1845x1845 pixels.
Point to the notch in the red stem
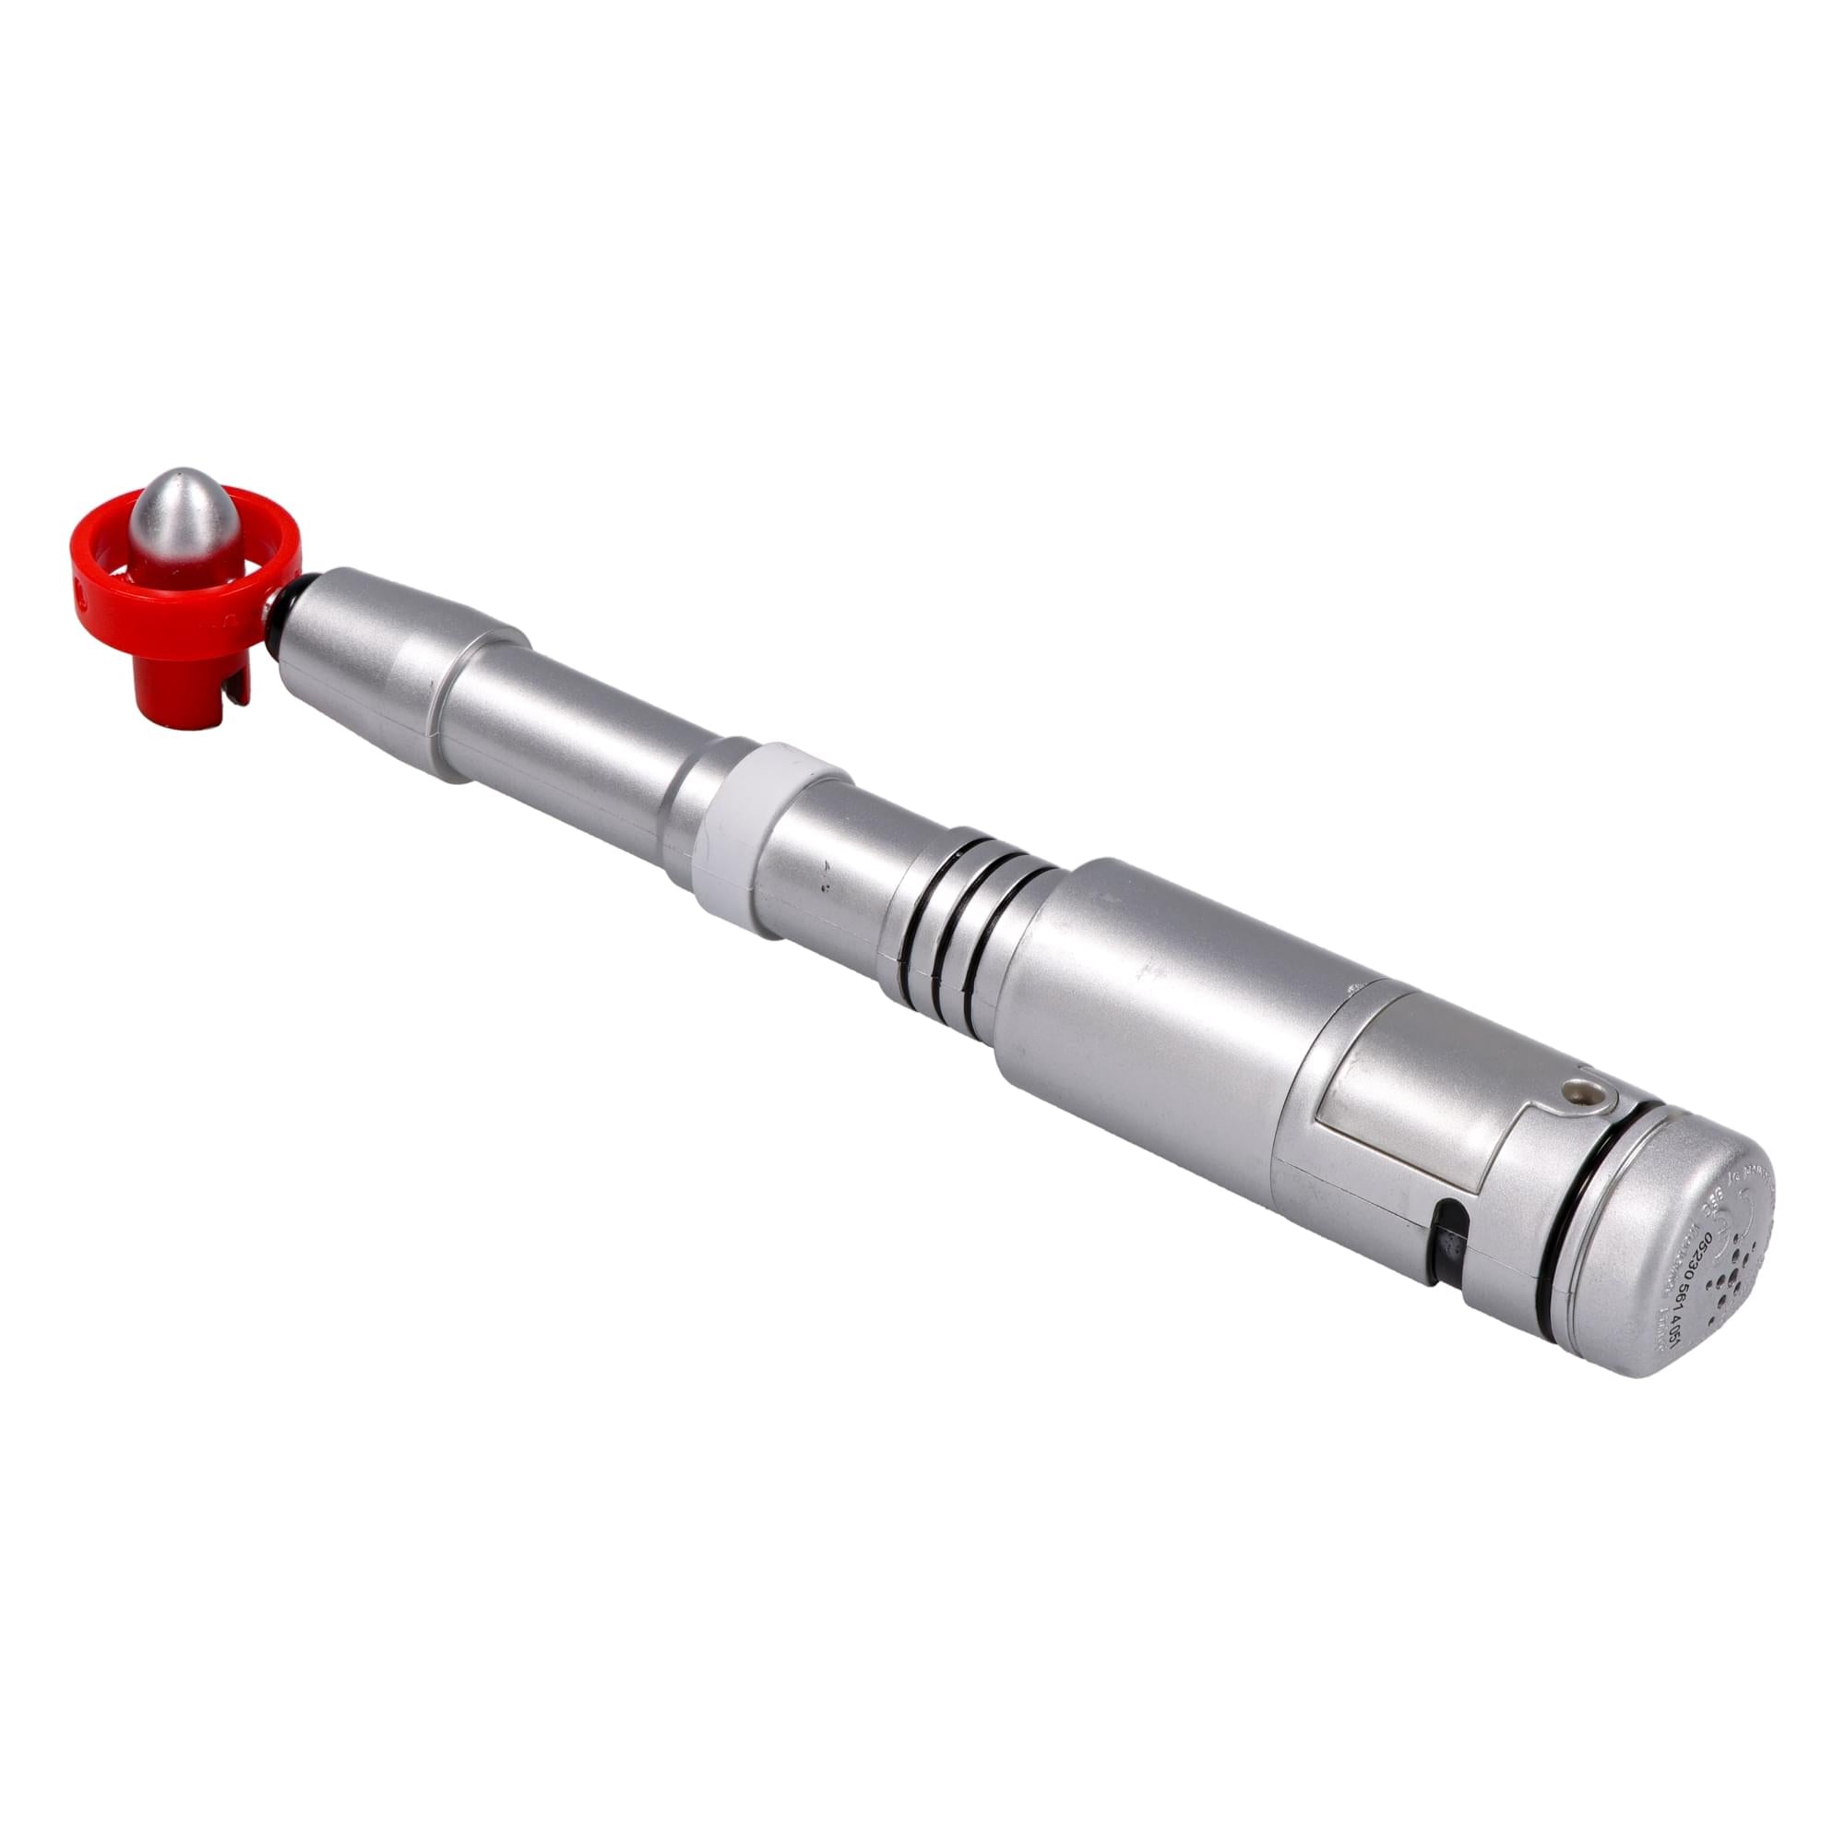coord(232,708)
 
